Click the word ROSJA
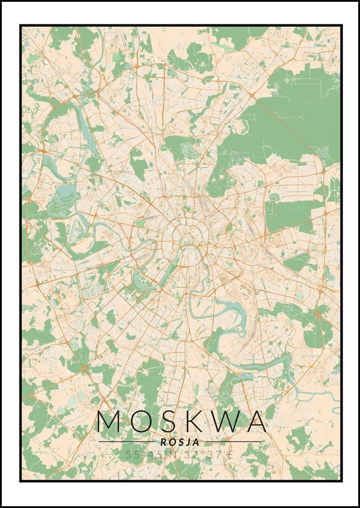click(x=180, y=441)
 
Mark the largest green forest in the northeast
click(x=297, y=119)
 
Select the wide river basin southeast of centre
click(x=229, y=309)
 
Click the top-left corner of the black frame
click(x=20, y=26)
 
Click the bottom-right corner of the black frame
click(x=341, y=481)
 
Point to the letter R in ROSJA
click(x=163, y=441)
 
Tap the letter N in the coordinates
click(x=173, y=455)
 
